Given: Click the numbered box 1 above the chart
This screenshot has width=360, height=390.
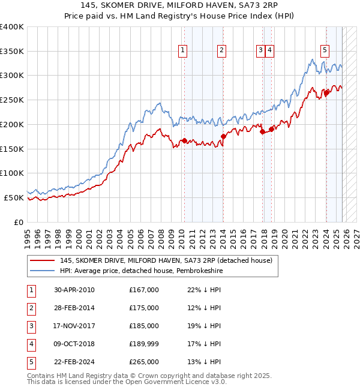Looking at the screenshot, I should click(182, 51).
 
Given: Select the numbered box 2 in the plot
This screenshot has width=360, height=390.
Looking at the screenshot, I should click(221, 51).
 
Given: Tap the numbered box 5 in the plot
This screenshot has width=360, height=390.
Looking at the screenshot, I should click(325, 51).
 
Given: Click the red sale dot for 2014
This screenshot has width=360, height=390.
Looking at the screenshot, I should click(223, 136).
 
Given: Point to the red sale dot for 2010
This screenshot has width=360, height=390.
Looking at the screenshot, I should click(184, 140).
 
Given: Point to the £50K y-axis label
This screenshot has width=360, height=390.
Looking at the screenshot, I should click(14, 197).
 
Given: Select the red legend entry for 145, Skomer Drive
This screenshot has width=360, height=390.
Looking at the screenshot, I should click(166, 260).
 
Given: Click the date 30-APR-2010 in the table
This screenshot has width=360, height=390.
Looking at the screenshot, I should click(74, 290).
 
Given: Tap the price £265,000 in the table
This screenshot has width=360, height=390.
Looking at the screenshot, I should click(143, 362).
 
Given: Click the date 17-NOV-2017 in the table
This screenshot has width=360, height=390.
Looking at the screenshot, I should click(74, 326).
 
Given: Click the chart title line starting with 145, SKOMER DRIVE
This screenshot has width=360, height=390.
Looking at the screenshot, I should click(180, 7).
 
